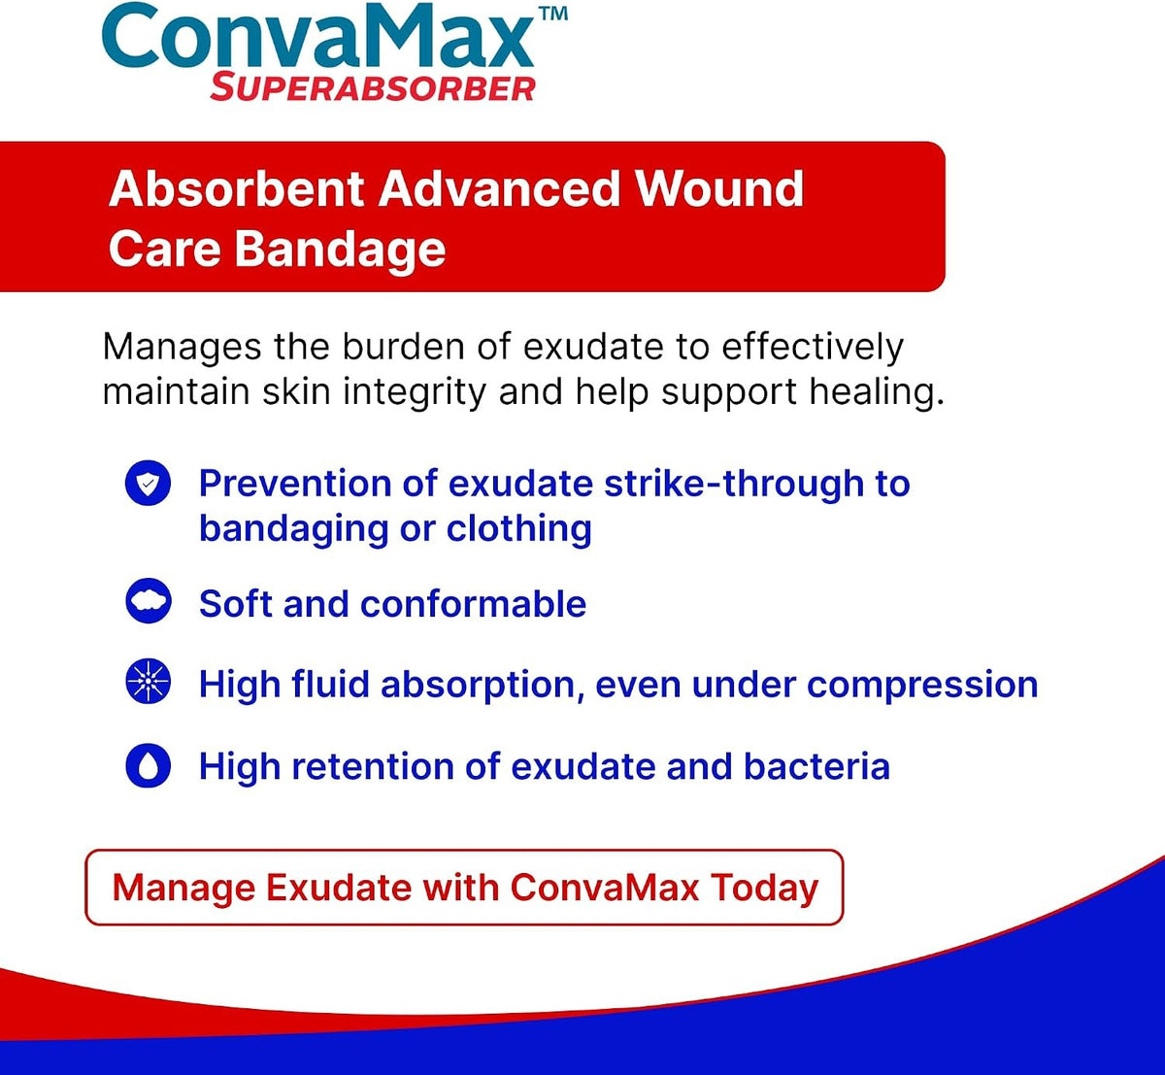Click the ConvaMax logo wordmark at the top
click(x=317, y=36)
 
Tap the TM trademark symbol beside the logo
click(x=553, y=14)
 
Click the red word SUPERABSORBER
click(x=373, y=88)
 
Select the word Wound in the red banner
click(x=719, y=189)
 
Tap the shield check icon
click(x=148, y=483)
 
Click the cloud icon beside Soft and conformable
click(x=149, y=601)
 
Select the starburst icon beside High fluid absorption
click(x=149, y=682)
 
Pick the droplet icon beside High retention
click(x=149, y=765)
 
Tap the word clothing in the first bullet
click(x=519, y=528)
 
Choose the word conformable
click(x=473, y=604)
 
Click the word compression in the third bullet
click(x=922, y=686)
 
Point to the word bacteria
click(x=816, y=766)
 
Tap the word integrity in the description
click(x=415, y=392)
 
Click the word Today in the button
click(x=764, y=888)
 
